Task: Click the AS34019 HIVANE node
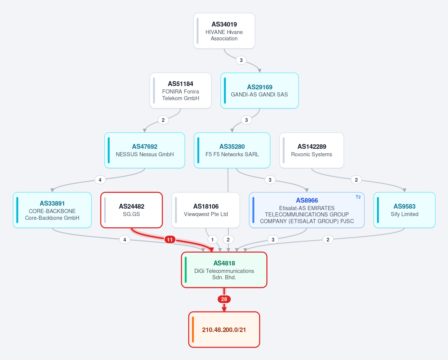tap(224, 31)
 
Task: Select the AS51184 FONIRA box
tap(180, 90)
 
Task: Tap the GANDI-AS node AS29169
tap(259, 90)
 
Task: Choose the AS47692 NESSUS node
tap(145, 150)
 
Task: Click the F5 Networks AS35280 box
tap(232, 150)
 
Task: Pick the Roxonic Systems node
tap(311, 150)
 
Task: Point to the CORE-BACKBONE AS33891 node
tap(52, 210)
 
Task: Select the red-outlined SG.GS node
tap(132, 210)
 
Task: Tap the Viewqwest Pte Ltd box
tap(206, 210)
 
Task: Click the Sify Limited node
tap(404, 210)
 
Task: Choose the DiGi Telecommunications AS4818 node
tap(224, 270)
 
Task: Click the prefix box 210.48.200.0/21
tap(224, 330)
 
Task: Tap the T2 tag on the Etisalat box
tap(358, 197)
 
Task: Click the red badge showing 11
tap(170, 240)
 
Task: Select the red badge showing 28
tap(224, 299)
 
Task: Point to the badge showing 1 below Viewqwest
tap(212, 240)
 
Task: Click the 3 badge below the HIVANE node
tap(241, 60)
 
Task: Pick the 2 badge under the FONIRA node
tap(163, 120)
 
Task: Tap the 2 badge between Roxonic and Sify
tap(356, 180)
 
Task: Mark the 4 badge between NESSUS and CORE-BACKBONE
tap(100, 180)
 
